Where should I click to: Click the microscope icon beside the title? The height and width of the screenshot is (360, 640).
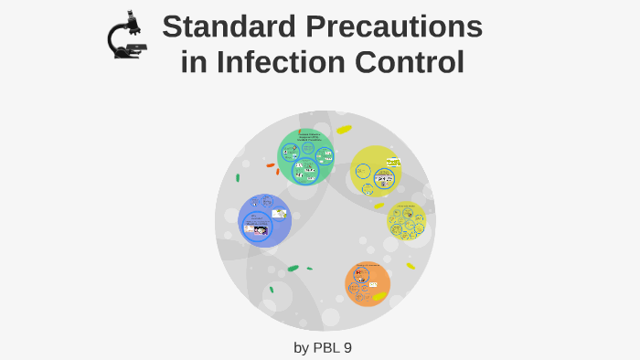(x=127, y=37)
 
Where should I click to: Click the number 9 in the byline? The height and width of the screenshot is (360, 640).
(x=347, y=347)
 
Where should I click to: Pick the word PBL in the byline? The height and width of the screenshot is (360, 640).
(x=327, y=347)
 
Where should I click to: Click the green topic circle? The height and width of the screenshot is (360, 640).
(x=305, y=156)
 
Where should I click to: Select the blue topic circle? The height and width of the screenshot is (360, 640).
(x=264, y=220)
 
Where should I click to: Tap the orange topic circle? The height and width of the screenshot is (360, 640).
(x=368, y=282)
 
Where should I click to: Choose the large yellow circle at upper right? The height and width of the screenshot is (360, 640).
(x=376, y=171)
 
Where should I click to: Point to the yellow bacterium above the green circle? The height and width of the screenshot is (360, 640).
(x=344, y=130)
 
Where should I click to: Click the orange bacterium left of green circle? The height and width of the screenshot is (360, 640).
(x=271, y=165)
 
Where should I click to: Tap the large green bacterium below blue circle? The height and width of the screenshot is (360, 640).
(x=293, y=268)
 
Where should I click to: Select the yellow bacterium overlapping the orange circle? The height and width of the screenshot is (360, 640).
(x=379, y=296)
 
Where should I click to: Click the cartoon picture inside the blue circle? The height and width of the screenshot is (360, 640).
(x=260, y=230)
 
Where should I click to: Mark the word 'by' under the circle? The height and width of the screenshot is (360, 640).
(x=302, y=347)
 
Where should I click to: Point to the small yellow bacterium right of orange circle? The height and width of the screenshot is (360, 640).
(x=411, y=266)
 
